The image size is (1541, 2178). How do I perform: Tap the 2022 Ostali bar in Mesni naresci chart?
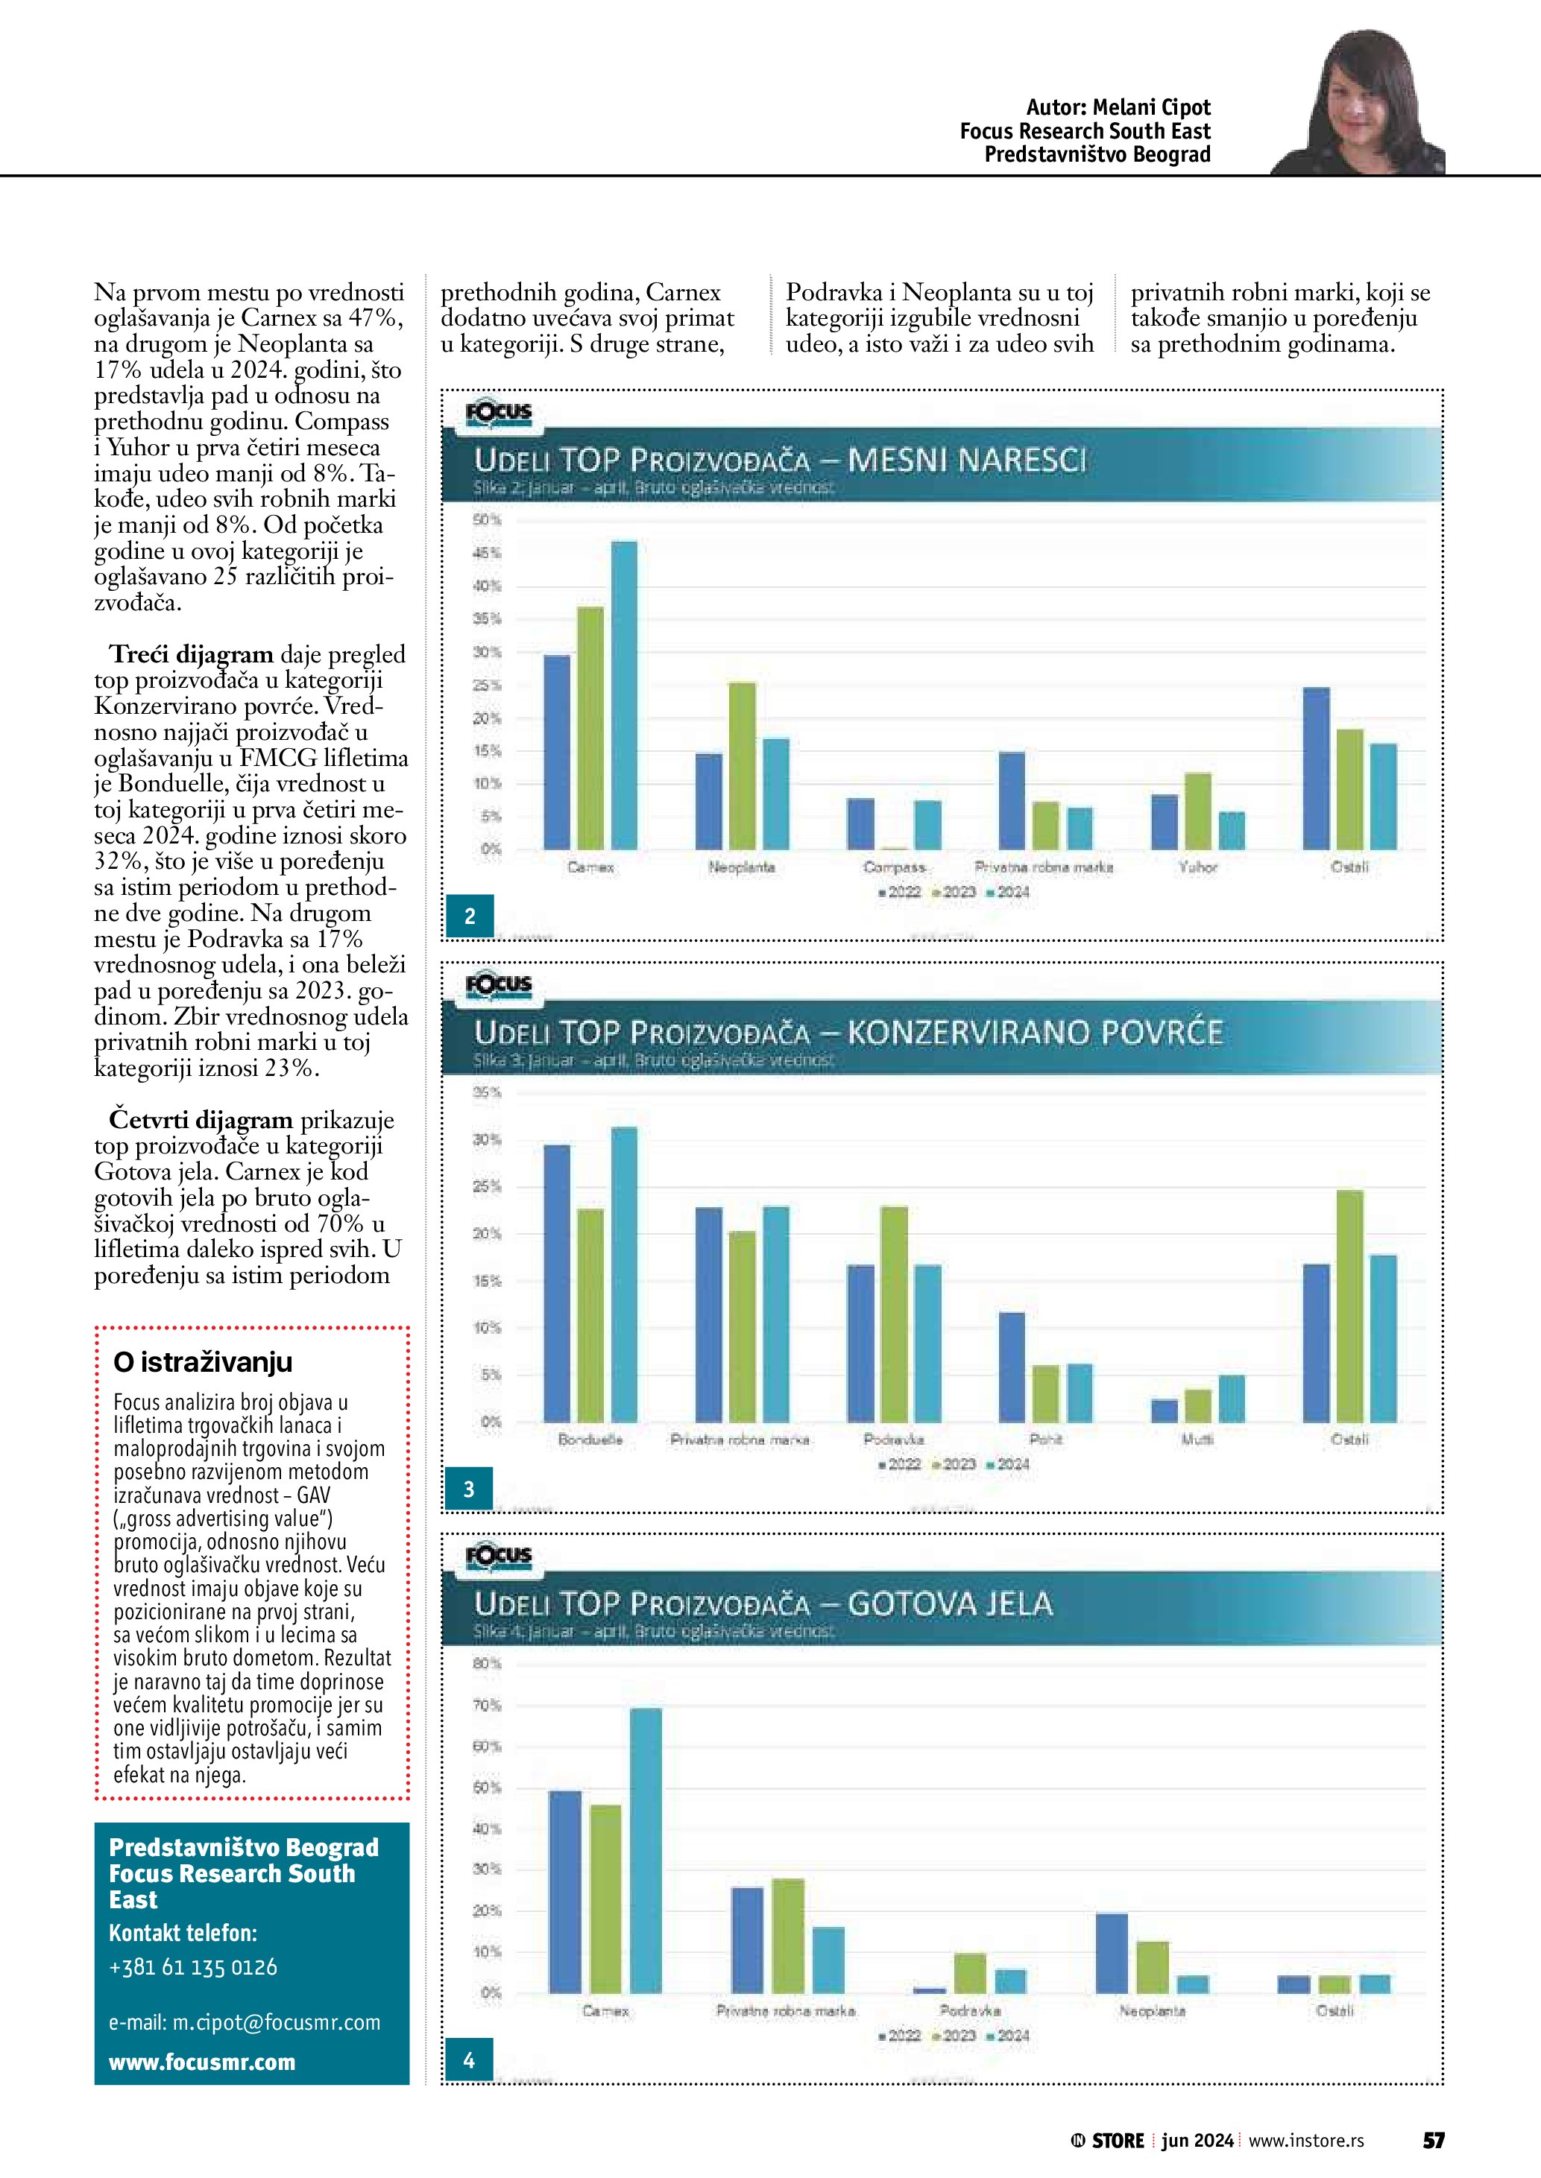[x=1316, y=768]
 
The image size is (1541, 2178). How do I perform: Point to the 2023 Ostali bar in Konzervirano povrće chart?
[x=1349, y=1305]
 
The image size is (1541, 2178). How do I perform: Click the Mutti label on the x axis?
[x=1197, y=1439]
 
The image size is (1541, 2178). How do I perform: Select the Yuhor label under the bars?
[x=1197, y=867]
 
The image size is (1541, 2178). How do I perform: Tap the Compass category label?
[x=894, y=867]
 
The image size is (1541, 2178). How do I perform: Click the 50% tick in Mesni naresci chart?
[x=487, y=521]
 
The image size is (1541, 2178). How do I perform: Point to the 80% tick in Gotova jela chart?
[x=487, y=1664]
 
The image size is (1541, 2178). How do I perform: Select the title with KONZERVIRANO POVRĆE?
[x=848, y=1033]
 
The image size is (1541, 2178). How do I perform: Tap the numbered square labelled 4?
[x=469, y=2060]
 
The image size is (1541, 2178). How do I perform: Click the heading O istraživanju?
[x=203, y=1362]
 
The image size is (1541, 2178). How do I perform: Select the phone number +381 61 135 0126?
[x=194, y=1966]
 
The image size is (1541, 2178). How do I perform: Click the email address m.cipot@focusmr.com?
[x=245, y=2022]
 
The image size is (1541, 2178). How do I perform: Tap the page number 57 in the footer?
[x=1433, y=2140]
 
